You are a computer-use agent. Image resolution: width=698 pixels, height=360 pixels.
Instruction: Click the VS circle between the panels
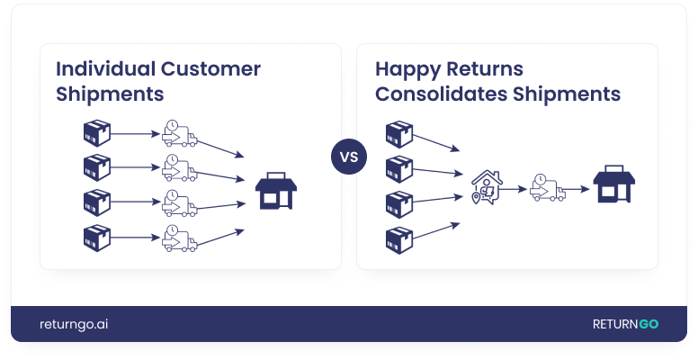349,157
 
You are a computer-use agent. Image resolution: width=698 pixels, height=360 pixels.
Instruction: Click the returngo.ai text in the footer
75,325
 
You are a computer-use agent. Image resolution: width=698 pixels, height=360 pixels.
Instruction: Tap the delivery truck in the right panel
547,188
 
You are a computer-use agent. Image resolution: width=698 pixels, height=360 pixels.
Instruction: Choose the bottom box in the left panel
96,238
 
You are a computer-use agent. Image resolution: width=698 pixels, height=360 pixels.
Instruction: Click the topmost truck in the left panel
179,135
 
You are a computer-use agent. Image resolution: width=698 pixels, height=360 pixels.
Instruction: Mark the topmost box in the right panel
398,134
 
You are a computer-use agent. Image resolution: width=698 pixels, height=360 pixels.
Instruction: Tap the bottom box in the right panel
398,238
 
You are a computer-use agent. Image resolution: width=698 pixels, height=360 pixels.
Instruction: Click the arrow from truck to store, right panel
579,189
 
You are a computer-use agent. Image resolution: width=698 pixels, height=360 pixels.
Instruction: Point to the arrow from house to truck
515,189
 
